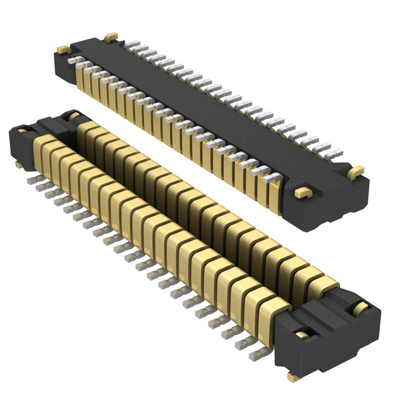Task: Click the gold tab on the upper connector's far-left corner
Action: [63, 49]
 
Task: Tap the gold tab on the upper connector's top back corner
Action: [111, 37]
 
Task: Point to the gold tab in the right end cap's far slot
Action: [360, 308]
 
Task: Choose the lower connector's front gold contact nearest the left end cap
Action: [46, 151]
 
